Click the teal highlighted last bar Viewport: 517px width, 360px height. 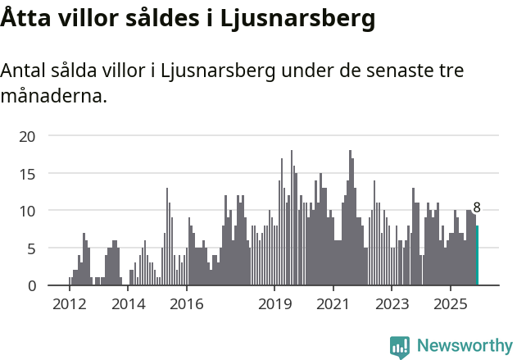(478, 255)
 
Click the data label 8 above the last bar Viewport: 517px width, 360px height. (477, 208)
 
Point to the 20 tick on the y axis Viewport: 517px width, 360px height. (27, 136)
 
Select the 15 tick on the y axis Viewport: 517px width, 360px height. (27, 174)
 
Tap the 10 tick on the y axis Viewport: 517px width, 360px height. (27, 211)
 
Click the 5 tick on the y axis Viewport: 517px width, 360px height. (31, 248)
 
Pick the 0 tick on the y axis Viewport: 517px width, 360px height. (31, 285)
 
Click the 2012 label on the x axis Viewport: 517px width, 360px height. (69, 304)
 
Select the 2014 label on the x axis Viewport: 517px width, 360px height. (128, 304)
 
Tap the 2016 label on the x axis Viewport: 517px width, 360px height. (187, 304)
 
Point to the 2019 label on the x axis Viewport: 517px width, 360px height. (274, 304)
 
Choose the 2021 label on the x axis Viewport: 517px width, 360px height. (333, 304)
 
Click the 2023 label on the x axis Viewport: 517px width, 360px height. (392, 304)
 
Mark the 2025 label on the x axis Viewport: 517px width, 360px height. (451, 304)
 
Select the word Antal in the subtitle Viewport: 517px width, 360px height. (25, 71)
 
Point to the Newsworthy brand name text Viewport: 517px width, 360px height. (464, 346)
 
